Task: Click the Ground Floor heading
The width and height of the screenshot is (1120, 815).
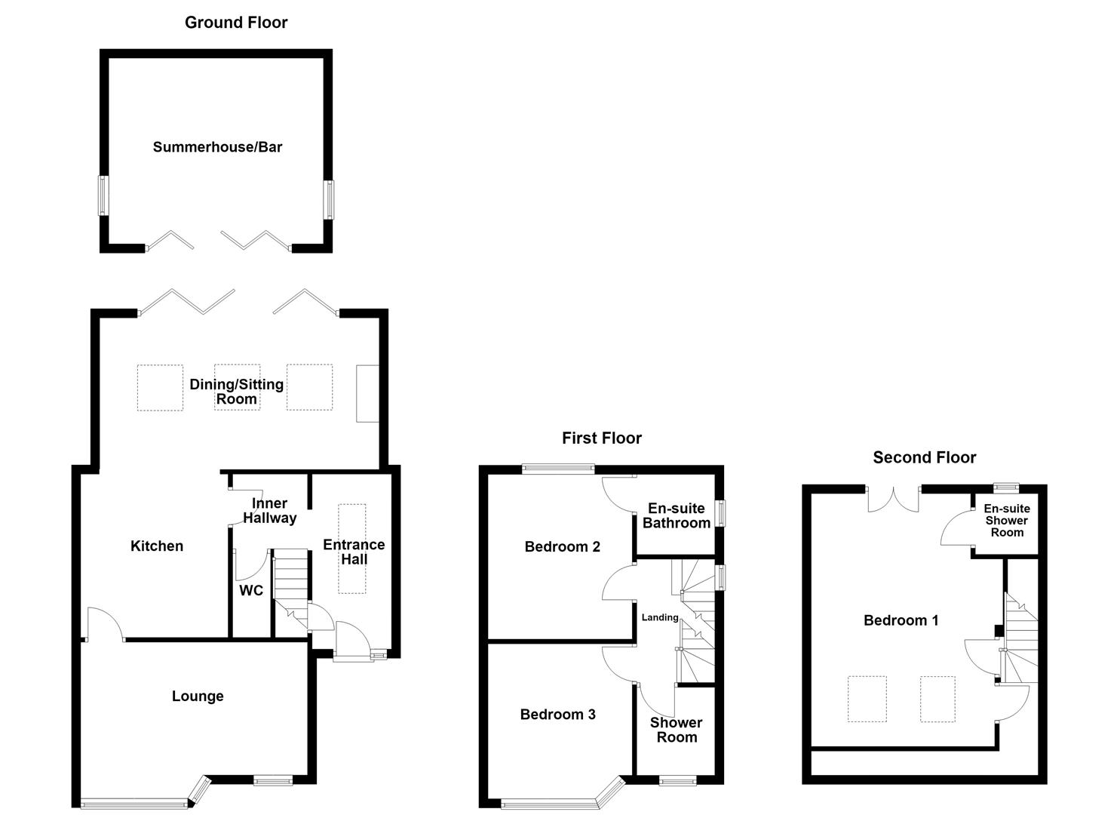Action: coord(236,23)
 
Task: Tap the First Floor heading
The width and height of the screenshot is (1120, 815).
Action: coord(602,438)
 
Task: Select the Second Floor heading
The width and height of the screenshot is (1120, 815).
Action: coord(925,457)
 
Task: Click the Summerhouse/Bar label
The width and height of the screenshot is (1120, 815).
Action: coord(217,147)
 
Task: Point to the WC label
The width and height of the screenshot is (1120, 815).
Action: coord(251,590)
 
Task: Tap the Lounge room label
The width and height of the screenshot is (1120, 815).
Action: coord(198,697)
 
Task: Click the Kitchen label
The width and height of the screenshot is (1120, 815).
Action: coord(157,546)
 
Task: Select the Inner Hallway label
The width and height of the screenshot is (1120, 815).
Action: coord(270,510)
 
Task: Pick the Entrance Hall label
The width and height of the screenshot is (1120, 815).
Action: coord(354,552)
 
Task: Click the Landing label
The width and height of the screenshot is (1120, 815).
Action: coord(660,617)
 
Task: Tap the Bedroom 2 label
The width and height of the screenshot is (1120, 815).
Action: coord(563,547)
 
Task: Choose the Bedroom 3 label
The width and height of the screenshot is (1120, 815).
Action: coord(558,715)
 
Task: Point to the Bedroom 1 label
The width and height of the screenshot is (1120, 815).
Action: coord(901,620)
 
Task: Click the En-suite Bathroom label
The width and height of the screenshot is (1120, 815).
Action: coord(677,515)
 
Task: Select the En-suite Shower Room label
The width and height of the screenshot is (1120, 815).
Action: coord(1007,521)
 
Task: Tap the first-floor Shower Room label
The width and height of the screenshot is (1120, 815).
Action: coord(677,730)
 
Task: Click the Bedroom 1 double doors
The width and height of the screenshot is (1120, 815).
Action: coord(894,501)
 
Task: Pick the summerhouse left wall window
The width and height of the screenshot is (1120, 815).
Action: coord(103,195)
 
